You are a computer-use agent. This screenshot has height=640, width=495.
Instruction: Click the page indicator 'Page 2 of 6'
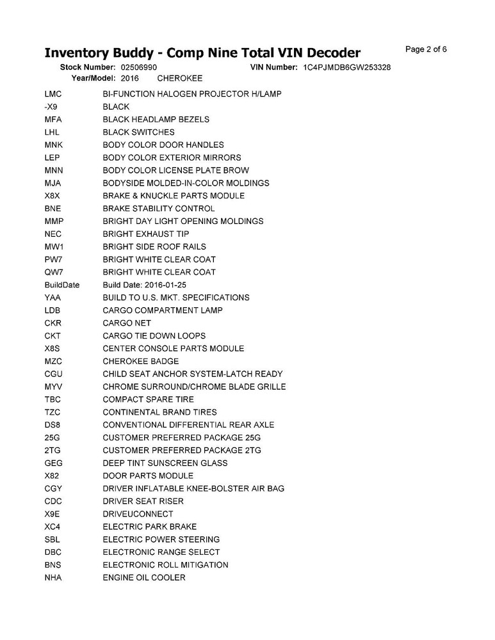click(426, 49)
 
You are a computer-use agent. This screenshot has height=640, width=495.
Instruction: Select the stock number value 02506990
click(139, 67)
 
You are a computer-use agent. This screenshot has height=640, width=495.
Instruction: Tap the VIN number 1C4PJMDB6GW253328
click(347, 67)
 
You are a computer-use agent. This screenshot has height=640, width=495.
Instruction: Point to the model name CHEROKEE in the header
click(180, 78)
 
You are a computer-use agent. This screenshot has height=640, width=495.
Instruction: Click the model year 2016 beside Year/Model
click(129, 78)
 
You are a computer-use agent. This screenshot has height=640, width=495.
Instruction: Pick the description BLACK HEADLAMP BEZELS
click(156, 120)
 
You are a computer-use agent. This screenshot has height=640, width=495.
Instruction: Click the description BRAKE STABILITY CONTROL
click(159, 209)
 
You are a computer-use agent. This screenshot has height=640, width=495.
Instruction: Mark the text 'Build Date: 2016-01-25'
click(145, 285)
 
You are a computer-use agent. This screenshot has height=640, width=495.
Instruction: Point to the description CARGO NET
click(127, 323)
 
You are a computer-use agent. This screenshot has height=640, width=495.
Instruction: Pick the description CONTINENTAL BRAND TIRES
click(159, 412)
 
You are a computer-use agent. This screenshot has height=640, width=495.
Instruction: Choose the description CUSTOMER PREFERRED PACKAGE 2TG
click(182, 451)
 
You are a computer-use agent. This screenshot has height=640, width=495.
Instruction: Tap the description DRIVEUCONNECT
click(138, 514)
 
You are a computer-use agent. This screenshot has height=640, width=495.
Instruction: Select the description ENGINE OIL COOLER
click(144, 578)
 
